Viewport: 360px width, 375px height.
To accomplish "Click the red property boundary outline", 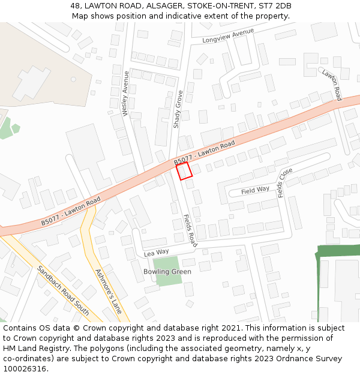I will pos(184,171).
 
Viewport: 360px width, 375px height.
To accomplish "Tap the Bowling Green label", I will pos(167,272).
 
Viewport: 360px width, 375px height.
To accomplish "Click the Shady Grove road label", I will pos(178,109).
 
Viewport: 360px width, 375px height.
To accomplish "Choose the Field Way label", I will pos(255,190).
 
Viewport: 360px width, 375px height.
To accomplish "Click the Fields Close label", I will pos(286,182).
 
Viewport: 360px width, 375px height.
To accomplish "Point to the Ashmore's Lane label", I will pos(109,292).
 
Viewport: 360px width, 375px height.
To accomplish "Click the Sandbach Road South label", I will pos(63,290).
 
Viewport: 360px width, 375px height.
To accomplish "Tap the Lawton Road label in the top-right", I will pos(331,85).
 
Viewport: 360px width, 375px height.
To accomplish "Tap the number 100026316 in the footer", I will pos(25,369).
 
